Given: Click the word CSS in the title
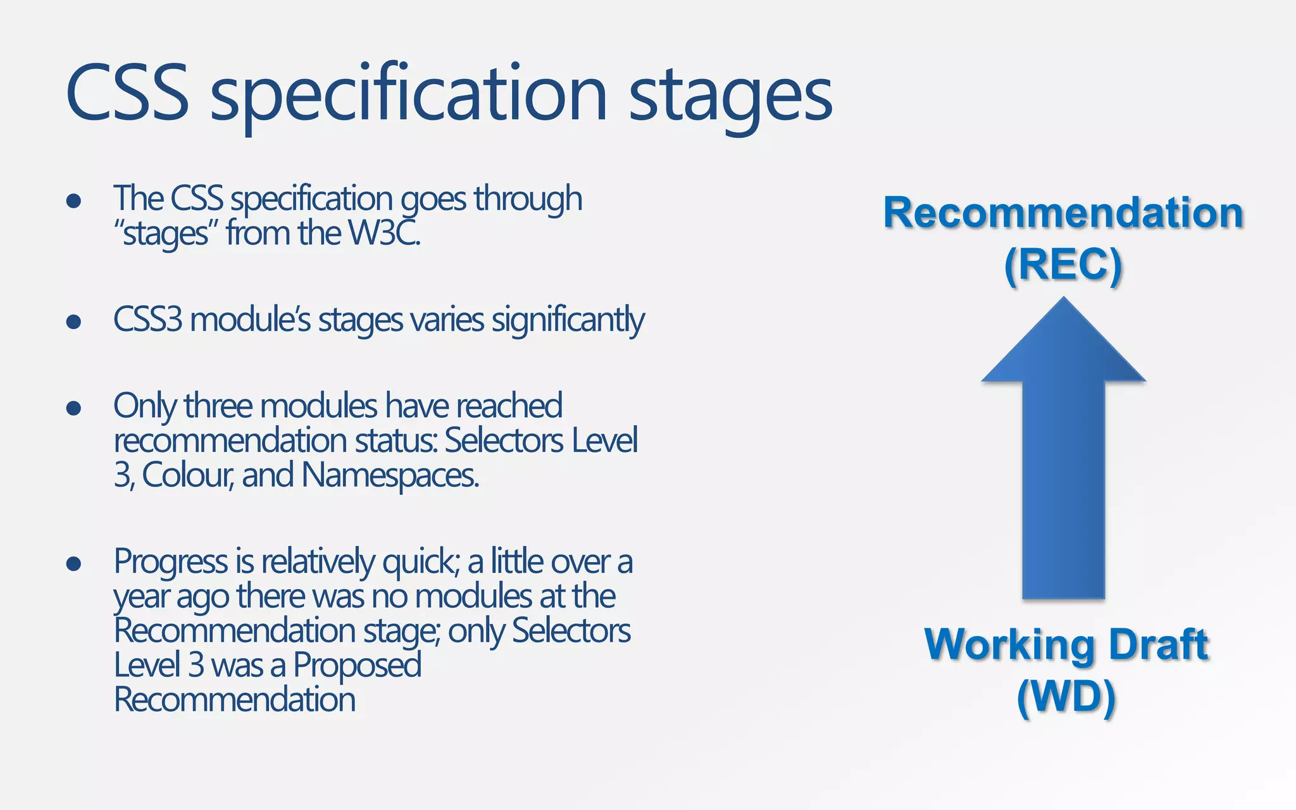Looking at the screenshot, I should pyautogui.click(x=127, y=93).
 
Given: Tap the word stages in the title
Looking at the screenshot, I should pyautogui.click(x=730, y=95).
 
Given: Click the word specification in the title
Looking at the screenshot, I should pyautogui.click(x=409, y=95).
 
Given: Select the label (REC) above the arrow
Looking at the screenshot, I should pyautogui.click(x=1063, y=264).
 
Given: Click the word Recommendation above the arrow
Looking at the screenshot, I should pyautogui.click(x=1063, y=213).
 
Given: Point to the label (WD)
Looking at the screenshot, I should pyautogui.click(x=1066, y=697).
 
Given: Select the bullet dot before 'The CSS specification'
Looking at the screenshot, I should pyautogui.click(x=73, y=201).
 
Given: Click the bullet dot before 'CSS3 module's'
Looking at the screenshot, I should pyautogui.click(x=73, y=321).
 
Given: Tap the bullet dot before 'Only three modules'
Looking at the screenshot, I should pyautogui.click(x=73, y=408).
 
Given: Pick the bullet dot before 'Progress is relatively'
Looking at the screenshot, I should pyautogui.click(x=73, y=563).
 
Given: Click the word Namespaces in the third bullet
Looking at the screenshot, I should pyautogui.click(x=390, y=475).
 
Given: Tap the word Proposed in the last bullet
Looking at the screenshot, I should pyautogui.click(x=357, y=665).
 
